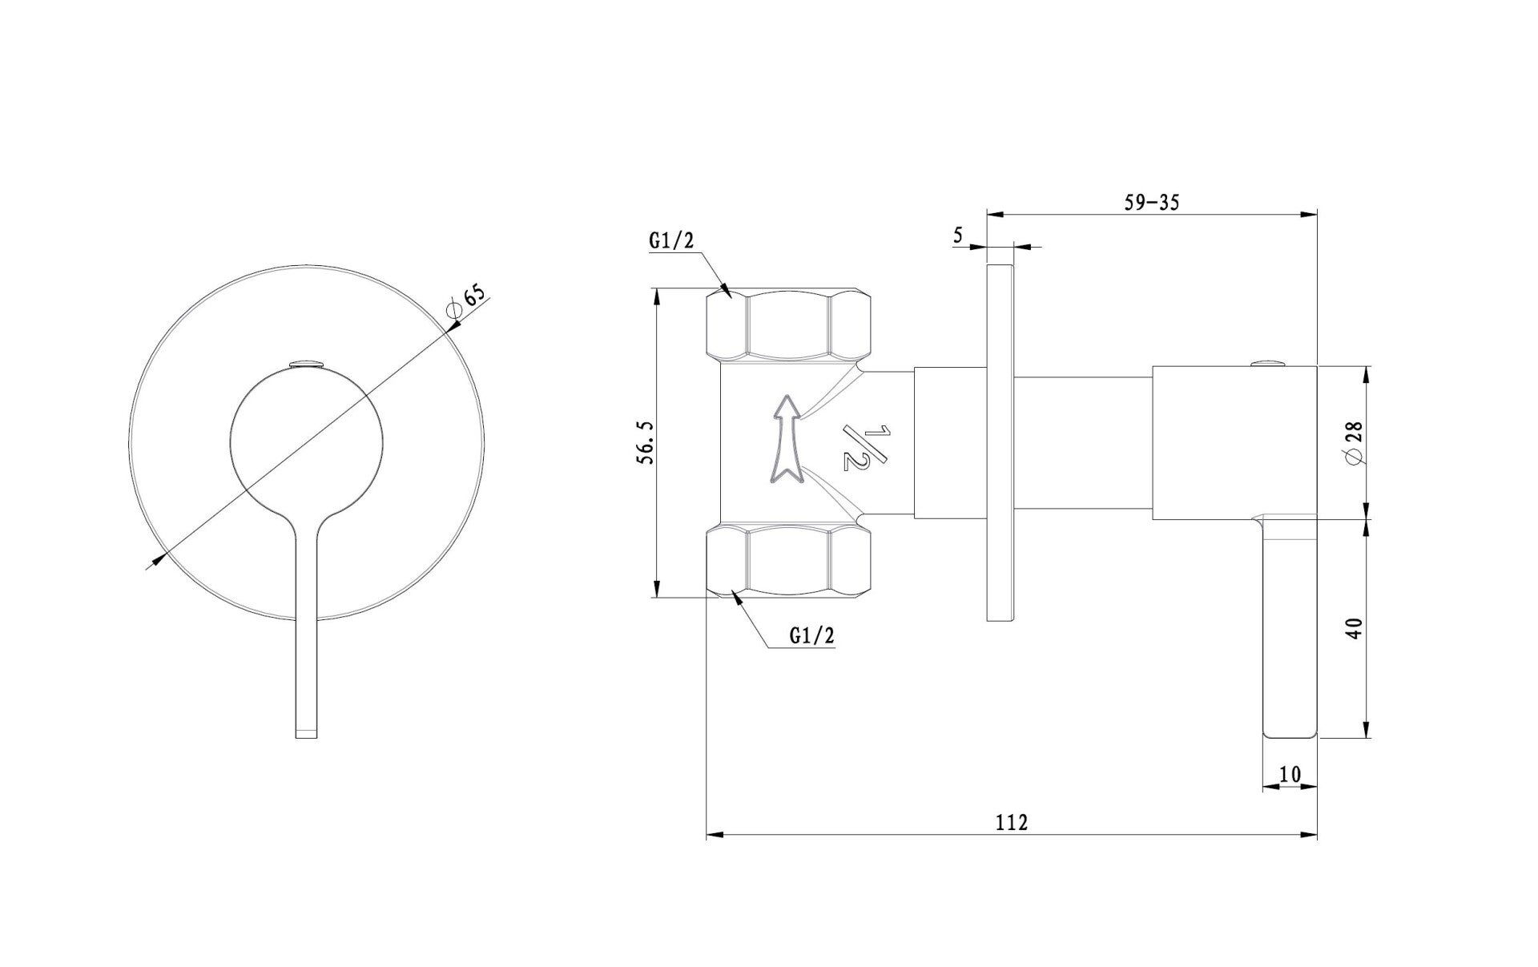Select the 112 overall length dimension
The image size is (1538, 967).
click(x=1011, y=822)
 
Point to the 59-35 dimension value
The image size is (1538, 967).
click(x=1151, y=203)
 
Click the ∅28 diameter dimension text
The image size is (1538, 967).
click(x=1355, y=443)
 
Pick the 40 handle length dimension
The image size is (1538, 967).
click(x=1355, y=628)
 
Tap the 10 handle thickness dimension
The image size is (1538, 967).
click(x=1290, y=774)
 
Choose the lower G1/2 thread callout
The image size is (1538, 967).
click(x=811, y=635)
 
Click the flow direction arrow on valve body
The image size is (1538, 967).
click(x=786, y=440)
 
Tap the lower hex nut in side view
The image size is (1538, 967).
click(x=788, y=560)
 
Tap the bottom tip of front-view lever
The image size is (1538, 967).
click(x=308, y=731)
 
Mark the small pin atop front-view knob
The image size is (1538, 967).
click(x=307, y=365)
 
